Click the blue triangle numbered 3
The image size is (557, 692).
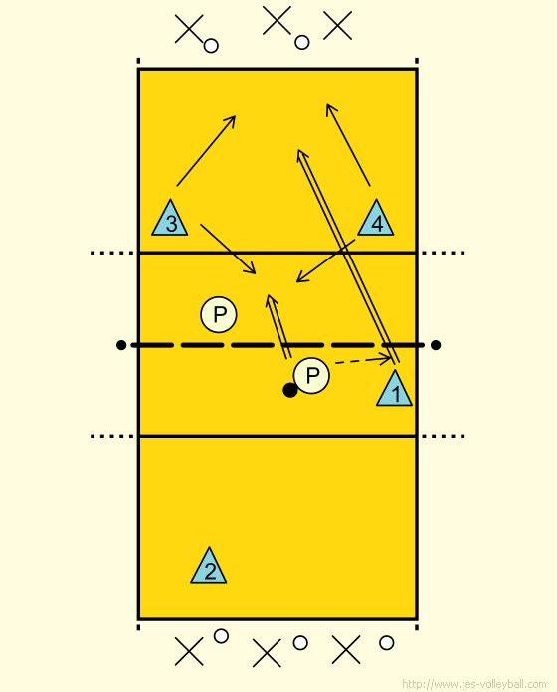170,220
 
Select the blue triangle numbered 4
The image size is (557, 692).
376,220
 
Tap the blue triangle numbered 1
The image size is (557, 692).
395,390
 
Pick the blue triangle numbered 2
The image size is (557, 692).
209,567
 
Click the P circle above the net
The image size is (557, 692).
219,314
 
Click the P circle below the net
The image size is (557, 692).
311,375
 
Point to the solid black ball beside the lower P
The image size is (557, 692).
290,390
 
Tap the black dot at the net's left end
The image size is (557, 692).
121,345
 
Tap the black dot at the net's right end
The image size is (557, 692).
436,345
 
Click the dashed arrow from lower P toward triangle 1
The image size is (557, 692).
364,360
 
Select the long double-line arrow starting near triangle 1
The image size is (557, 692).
348,256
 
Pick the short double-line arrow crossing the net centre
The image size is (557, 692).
278,326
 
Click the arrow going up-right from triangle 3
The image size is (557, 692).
206,151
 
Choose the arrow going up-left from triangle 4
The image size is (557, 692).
348,145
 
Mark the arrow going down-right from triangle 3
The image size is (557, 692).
228,249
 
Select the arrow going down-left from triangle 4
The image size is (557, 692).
325,260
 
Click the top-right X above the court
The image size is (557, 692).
337,25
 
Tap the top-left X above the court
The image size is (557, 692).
189,29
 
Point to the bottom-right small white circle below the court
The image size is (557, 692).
387,643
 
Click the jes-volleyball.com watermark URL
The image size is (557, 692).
474,684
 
